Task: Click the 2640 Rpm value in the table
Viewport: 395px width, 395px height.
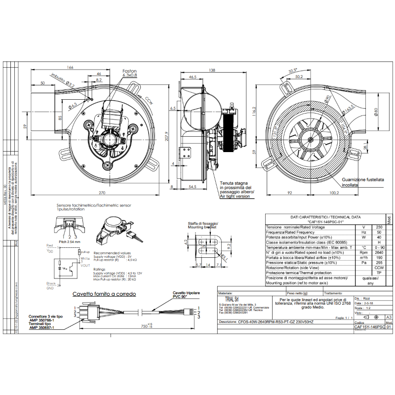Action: point(379,252)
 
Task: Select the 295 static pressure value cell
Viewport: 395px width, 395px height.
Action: point(379,263)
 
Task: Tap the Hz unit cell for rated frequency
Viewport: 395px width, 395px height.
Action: point(364,232)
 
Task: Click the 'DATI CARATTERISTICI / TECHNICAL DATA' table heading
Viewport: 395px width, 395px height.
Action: point(325,217)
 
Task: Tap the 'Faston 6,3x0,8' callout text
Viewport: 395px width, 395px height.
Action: point(130,73)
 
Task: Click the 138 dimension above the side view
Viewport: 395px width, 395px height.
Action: point(212,71)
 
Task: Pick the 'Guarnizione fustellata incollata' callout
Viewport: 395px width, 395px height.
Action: point(363,182)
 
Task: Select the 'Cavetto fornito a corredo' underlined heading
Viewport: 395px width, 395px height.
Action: point(104,294)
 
